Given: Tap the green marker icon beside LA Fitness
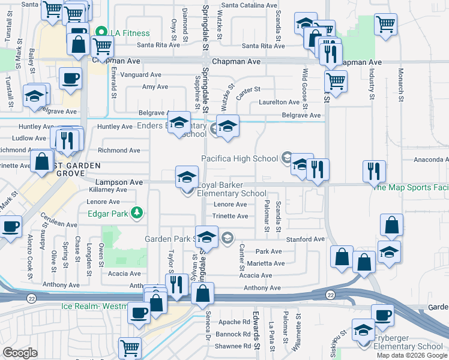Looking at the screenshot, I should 102,32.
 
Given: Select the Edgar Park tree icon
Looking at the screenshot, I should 137,212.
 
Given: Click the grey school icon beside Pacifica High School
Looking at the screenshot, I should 286,158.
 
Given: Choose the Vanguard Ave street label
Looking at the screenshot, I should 141,75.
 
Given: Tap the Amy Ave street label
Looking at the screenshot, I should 155,87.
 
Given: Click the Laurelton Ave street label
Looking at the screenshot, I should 279,103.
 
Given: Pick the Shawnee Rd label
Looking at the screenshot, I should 232,346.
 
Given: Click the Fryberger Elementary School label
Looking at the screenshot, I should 412,346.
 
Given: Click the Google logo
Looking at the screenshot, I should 20,353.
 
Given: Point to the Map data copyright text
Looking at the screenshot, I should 412,355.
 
